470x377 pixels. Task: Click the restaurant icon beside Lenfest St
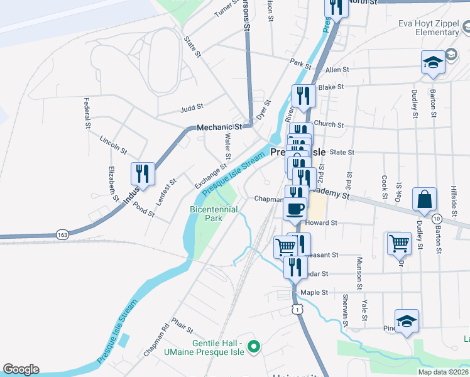coord(143,173)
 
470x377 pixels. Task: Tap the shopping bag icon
coord(424,199)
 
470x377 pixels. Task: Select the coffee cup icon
coord(295,208)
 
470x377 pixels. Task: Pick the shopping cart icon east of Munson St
coord(399,242)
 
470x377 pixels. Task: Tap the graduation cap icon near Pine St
coord(407,320)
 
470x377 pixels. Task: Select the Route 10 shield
coord(436,217)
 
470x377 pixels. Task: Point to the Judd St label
coord(191,108)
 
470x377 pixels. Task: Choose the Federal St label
coord(87,113)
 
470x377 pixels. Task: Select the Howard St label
coord(322,222)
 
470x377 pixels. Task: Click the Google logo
coord(21,369)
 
